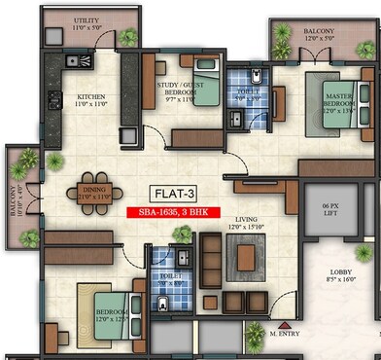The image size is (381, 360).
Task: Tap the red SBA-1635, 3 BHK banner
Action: pyautogui.click(x=173, y=211)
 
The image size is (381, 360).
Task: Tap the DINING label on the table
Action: pyautogui.click(x=94, y=193)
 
